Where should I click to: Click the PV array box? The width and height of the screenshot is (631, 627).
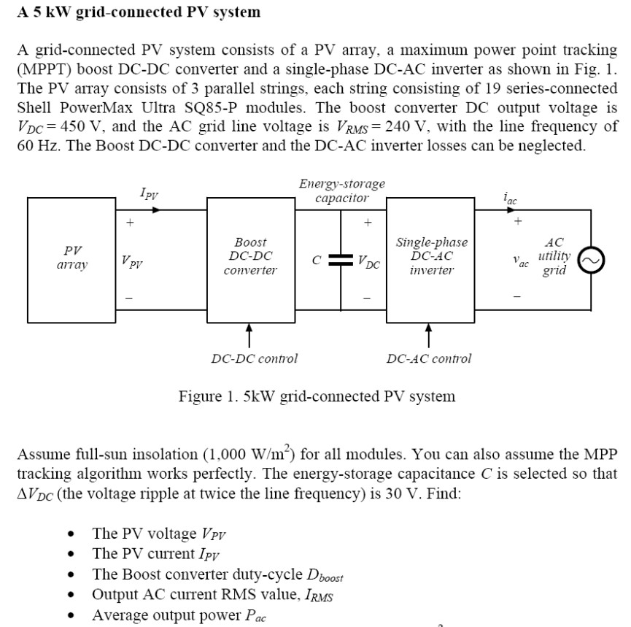coord(71,256)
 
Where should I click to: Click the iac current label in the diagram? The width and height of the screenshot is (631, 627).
coord(511,196)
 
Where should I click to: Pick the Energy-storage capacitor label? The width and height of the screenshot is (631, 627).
coord(342,191)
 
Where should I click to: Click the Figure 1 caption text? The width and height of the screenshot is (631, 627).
coord(317,396)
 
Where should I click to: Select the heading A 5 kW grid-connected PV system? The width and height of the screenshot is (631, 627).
coord(139,12)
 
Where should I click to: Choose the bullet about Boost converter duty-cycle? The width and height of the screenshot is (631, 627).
coord(217,574)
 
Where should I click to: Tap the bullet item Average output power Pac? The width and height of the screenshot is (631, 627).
coord(179,615)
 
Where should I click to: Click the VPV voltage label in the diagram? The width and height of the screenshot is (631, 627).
coord(132,261)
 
